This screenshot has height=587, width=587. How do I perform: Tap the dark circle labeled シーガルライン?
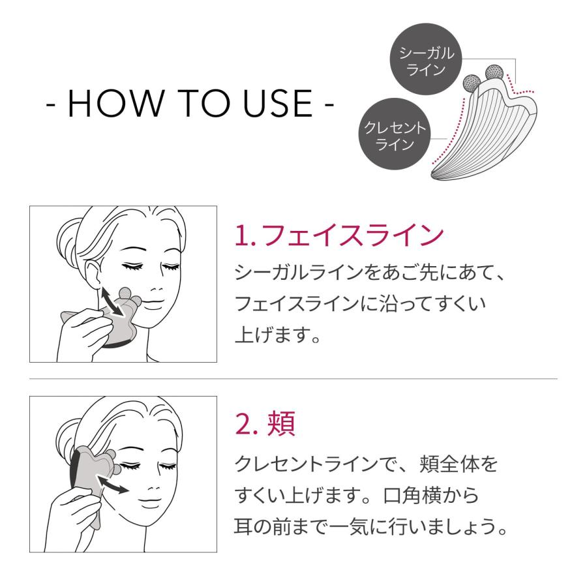pyautogui.click(x=425, y=61)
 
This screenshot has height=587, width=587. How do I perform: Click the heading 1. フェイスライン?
pyautogui.click(x=339, y=235)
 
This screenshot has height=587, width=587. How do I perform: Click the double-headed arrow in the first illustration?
pyautogui.click(x=110, y=301)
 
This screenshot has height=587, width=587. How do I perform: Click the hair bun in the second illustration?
pyautogui.click(x=67, y=434)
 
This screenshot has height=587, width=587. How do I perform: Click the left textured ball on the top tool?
pyautogui.click(x=470, y=83)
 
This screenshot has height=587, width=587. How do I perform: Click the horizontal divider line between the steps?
pyautogui.click(x=293, y=378)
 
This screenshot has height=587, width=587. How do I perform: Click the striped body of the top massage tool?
pyautogui.click(x=476, y=137)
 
